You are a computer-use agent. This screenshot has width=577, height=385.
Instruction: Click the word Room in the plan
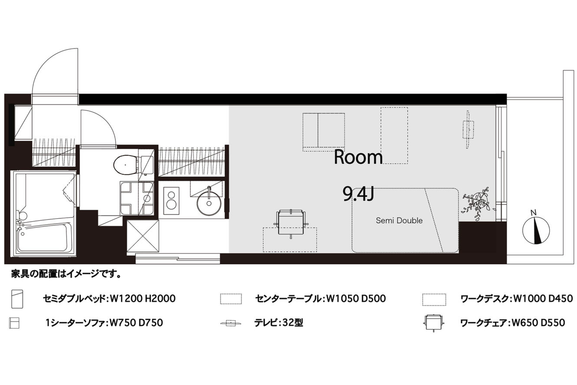pos(358,157)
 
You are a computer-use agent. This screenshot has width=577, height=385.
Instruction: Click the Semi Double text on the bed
pos(399,220)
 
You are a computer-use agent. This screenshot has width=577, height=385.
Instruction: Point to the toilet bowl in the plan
pos(125,165)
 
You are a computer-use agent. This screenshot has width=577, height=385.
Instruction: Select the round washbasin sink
pos(209,203)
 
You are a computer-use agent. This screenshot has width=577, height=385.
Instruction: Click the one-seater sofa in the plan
pos(324,132)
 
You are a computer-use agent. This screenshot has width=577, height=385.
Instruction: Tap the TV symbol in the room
pos(468,130)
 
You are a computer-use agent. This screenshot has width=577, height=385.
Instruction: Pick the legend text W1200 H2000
pos(143,299)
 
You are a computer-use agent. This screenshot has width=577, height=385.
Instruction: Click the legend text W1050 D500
pos(356,299)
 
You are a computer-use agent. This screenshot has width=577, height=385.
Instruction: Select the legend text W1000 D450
pos(544,299)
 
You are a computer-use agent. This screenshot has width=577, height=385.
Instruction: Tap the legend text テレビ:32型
pos(279,322)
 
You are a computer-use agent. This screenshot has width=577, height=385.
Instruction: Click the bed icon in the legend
pos(17,299)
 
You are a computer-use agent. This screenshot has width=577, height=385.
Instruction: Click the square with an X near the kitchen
pos(143,236)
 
